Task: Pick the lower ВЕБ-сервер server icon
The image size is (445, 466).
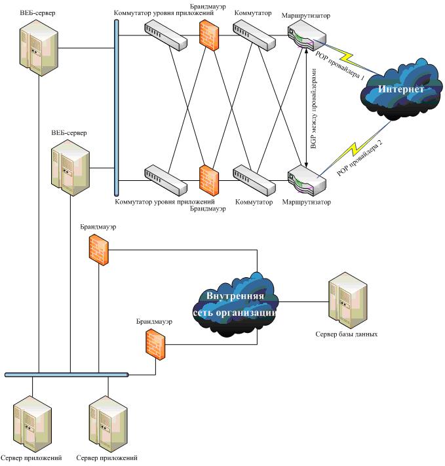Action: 71,168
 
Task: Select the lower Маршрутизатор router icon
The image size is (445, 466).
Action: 306,182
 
